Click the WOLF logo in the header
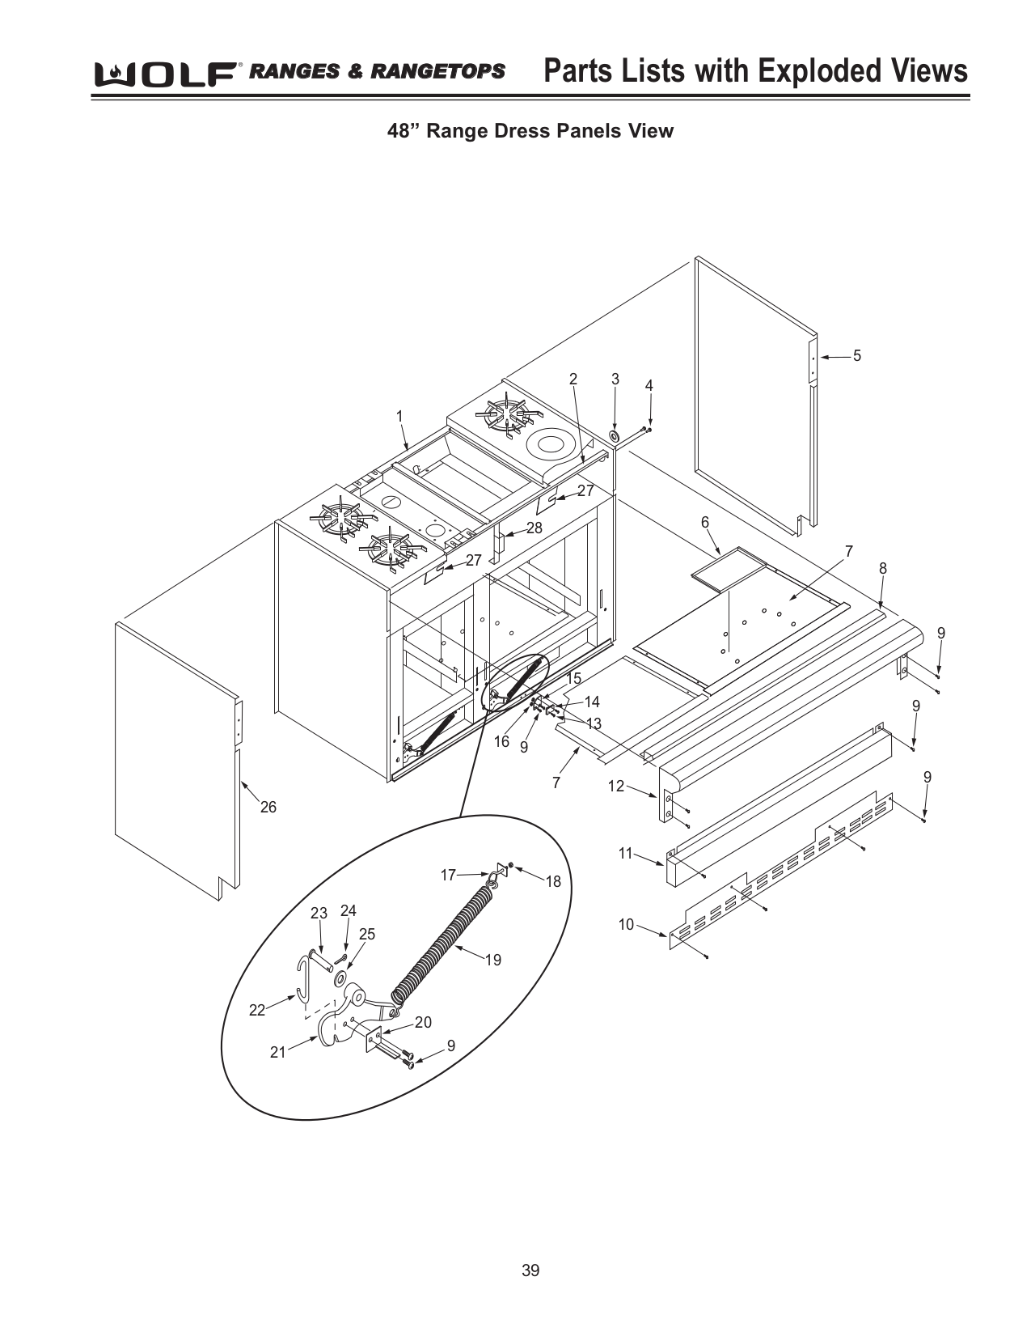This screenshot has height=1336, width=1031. click(x=166, y=74)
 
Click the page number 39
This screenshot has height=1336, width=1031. click(x=530, y=1270)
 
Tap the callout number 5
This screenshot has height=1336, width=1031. click(x=856, y=355)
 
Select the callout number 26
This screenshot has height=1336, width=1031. click(x=268, y=807)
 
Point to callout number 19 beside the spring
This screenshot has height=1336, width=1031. click(x=492, y=960)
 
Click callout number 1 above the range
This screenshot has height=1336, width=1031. click(x=399, y=415)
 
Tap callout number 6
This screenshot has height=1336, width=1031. click(x=704, y=523)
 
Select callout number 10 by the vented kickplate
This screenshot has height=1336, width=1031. click(x=626, y=924)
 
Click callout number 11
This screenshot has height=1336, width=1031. click(x=625, y=853)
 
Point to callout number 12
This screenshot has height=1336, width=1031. click(x=616, y=786)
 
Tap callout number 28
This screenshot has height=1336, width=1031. click(x=534, y=528)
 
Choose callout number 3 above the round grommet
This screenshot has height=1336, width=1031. click(x=615, y=379)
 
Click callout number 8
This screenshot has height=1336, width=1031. click(x=882, y=569)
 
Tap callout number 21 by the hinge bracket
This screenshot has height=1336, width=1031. click(x=277, y=1053)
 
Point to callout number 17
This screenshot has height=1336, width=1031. click(x=448, y=875)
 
